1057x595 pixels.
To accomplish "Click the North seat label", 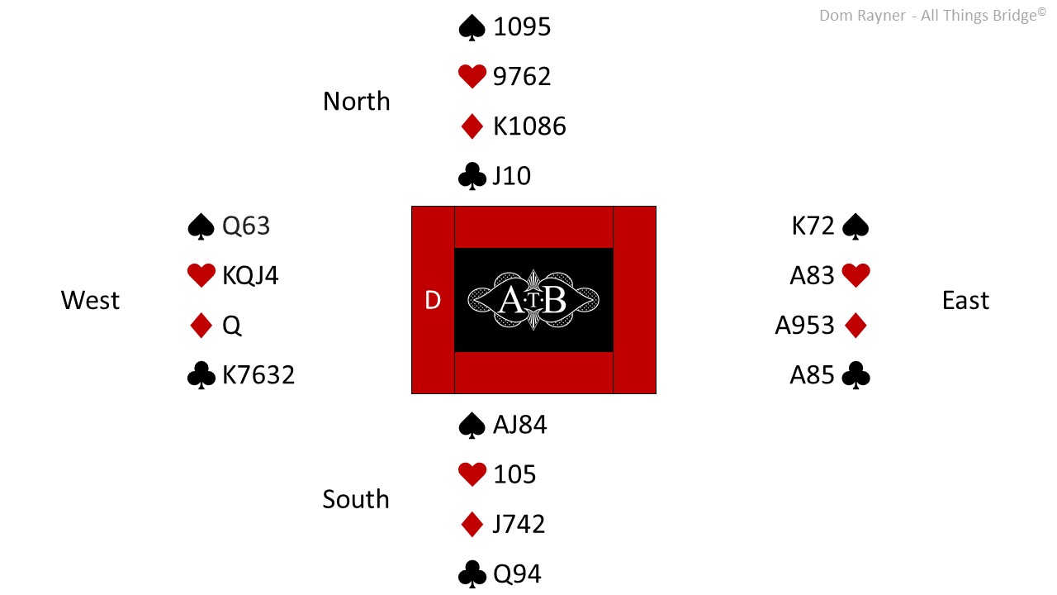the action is coord(356,101).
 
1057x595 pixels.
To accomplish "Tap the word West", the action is coord(90,300).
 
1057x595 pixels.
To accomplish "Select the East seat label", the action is coord(965,300).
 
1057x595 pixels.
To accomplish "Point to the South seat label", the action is coord(356,498).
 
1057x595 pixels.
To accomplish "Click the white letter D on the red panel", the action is coord(433,300).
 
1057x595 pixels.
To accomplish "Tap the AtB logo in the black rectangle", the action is coord(533,300).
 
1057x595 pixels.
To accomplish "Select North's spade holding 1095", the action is coord(522,26).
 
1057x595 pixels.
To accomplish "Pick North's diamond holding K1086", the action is coord(529,126).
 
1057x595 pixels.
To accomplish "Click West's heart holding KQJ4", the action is coord(250,275).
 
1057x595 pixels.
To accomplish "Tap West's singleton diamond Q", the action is coord(232,326).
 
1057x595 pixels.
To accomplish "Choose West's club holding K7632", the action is coord(258,375).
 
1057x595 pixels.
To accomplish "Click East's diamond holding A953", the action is coord(804,326).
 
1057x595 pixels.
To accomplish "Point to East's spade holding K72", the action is coord(813,226).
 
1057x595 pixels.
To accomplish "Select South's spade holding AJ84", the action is coord(520,425).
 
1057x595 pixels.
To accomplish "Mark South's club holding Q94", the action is coord(517,574).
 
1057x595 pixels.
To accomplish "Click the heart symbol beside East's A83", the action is coord(856,275).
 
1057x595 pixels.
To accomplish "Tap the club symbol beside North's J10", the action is coord(472,176).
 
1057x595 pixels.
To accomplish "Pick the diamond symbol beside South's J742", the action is coord(472,524).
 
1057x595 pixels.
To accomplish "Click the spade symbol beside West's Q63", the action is coord(201,226).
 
